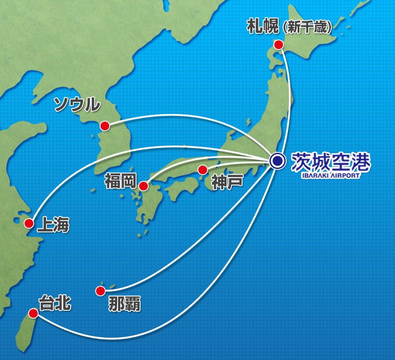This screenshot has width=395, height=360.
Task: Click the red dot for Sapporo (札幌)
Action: tap(278, 44)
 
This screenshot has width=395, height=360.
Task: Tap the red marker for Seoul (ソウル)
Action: tap(104, 126)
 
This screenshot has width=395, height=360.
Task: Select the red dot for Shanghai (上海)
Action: tap(29, 223)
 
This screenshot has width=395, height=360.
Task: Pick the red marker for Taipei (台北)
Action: tap(33, 313)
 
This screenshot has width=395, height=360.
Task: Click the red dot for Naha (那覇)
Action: tap(100, 291)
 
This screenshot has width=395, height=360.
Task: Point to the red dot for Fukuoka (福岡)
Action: tap(143, 186)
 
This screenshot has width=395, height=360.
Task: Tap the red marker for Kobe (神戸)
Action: tap(202, 169)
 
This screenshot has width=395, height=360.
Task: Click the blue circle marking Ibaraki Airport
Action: tap(277, 161)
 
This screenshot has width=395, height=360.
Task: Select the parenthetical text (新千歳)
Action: tap(307, 28)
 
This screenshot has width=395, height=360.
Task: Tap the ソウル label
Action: tap(77, 104)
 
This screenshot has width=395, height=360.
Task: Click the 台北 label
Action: tap(55, 303)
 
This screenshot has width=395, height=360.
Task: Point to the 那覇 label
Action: tap(125, 304)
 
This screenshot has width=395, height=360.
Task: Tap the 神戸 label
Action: tap(227, 181)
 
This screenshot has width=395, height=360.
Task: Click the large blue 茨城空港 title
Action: tap(331, 162)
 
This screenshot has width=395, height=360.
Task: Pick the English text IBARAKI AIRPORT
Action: tap(330, 176)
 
